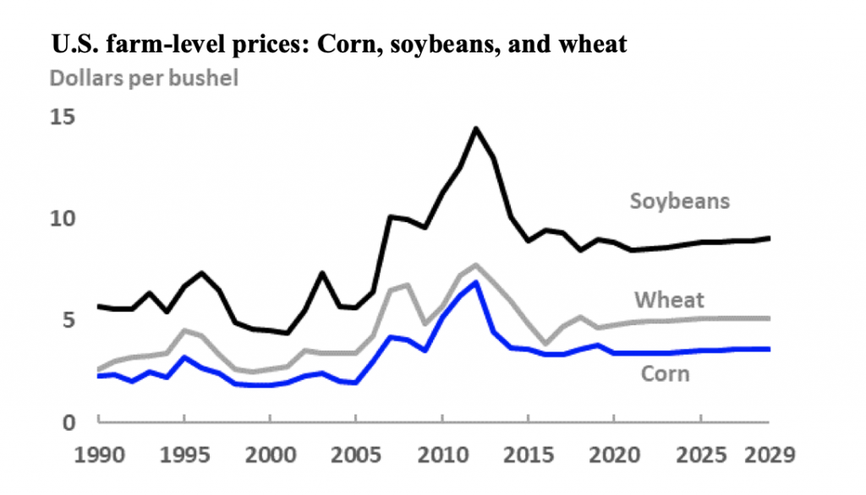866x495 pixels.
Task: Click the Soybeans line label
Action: pyautogui.click(x=679, y=201)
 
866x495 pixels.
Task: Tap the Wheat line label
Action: pyautogui.click(x=668, y=300)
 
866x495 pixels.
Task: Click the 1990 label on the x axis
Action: pyautogui.click(x=98, y=455)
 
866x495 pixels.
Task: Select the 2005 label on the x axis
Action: pyautogui.click(x=355, y=455)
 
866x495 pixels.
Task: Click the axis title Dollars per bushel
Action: pyautogui.click(x=144, y=78)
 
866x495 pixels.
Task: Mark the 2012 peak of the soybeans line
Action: pyautogui.click(x=476, y=128)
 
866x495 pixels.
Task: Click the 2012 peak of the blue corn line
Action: pyautogui.click(x=477, y=282)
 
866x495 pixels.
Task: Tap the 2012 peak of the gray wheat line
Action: pyautogui.click(x=476, y=264)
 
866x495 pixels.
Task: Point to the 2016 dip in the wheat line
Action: pyautogui.click(x=545, y=344)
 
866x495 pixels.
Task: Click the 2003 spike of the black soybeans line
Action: pyautogui.click(x=322, y=273)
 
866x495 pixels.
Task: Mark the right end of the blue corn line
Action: pyautogui.click(x=768, y=349)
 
